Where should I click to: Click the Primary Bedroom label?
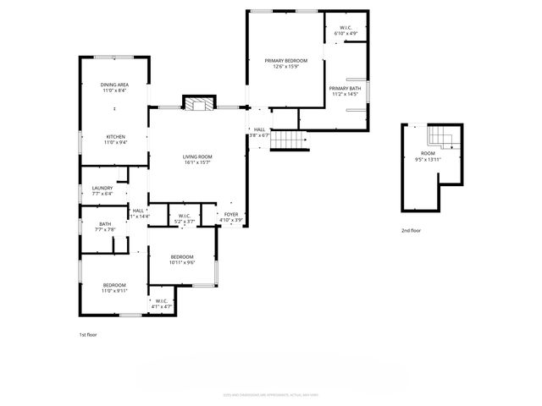pos(285,61)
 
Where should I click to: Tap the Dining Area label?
pos(114,85)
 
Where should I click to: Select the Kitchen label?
pos(114,137)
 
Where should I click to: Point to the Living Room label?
pos(197,156)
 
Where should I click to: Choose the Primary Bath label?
pos(345,88)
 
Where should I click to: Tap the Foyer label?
pos(231,215)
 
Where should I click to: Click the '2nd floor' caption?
pos(411,230)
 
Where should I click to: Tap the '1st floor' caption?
pos(88,335)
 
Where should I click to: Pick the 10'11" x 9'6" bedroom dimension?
pos(182,262)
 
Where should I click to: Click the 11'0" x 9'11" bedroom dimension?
pos(114,291)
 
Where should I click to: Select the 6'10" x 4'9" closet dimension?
pos(346,35)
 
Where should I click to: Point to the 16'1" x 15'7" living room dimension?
pos(197,162)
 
